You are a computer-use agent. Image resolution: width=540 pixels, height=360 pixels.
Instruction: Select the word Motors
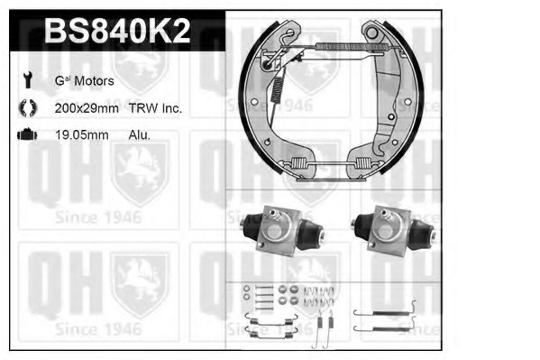94,81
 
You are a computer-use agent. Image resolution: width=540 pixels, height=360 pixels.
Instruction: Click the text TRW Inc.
159,108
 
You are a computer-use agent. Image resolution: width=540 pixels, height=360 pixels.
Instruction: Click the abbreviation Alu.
139,135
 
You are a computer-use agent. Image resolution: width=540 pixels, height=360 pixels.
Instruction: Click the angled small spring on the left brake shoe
279,88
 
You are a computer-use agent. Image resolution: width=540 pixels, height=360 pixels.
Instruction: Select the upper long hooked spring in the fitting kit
382,305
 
